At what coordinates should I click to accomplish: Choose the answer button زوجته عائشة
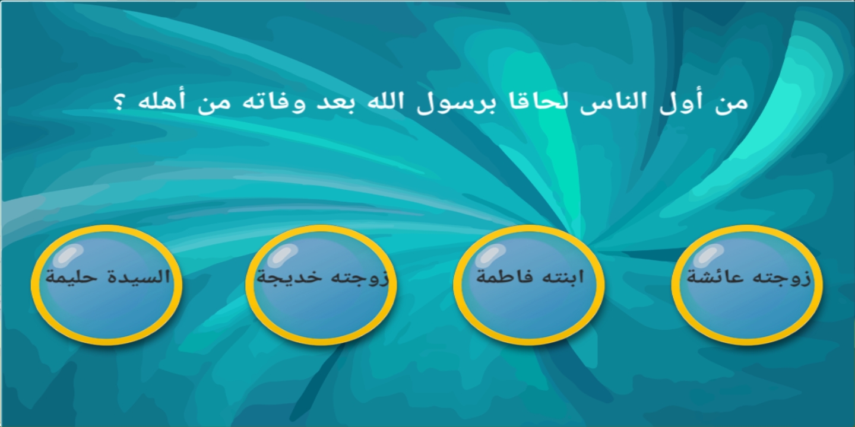point(746,285)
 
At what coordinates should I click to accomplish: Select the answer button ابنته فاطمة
point(529,285)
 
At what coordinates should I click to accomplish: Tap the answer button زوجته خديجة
point(321,285)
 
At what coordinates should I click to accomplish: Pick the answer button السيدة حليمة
point(106,285)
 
